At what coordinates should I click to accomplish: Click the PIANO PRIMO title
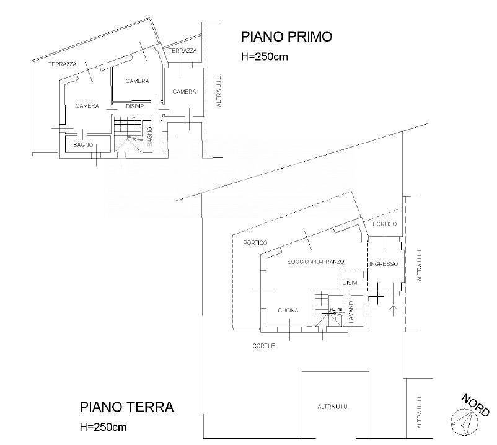286,37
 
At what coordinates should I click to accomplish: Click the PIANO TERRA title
127,408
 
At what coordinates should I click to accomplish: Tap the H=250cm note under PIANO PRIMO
265,56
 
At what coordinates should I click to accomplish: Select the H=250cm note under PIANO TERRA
103,427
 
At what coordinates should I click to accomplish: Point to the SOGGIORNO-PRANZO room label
315,262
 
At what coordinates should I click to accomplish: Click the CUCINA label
288,311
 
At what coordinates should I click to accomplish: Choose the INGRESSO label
384,263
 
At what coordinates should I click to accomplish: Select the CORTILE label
263,346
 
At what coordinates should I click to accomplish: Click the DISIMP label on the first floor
135,106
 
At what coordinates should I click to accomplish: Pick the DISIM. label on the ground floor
350,283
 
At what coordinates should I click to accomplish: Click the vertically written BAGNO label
149,136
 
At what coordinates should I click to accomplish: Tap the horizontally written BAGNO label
83,144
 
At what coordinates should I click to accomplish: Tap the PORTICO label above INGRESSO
384,224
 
